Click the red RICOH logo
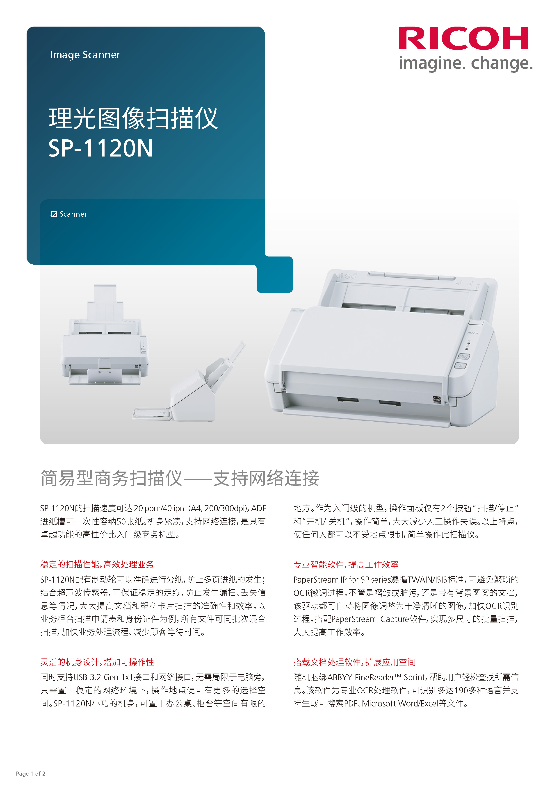(x=463, y=39)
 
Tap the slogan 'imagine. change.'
(x=465, y=64)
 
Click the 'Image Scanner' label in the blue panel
(x=85, y=55)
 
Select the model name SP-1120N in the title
(x=100, y=149)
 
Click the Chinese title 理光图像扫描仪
(x=133, y=118)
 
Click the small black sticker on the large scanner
(x=437, y=400)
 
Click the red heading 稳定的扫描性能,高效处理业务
(x=97, y=564)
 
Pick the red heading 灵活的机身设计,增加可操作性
(x=97, y=662)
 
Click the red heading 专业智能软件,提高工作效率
(x=346, y=564)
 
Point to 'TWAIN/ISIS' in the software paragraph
(x=427, y=580)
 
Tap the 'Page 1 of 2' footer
(x=31, y=774)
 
